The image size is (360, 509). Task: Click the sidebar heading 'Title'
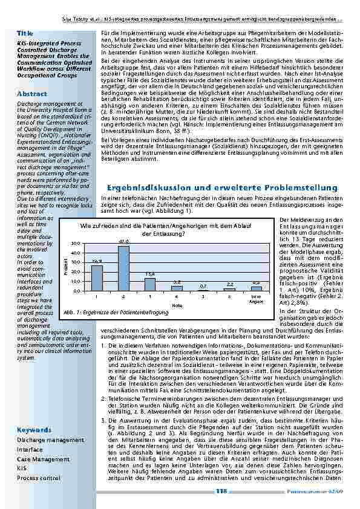point(25,32)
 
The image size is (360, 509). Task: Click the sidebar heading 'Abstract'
point(32,94)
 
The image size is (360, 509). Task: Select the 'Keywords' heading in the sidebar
point(34,430)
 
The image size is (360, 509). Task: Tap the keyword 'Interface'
point(30,450)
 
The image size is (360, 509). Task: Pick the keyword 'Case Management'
point(43,459)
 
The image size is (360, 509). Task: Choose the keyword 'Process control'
point(38,478)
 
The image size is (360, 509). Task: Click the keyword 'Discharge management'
point(50,440)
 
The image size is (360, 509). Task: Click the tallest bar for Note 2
point(123,268)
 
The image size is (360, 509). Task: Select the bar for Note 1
point(97,278)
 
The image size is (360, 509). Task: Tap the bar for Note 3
point(150,284)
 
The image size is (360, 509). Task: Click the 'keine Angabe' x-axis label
point(256,299)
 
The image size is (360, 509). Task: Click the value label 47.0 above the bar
point(123,241)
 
